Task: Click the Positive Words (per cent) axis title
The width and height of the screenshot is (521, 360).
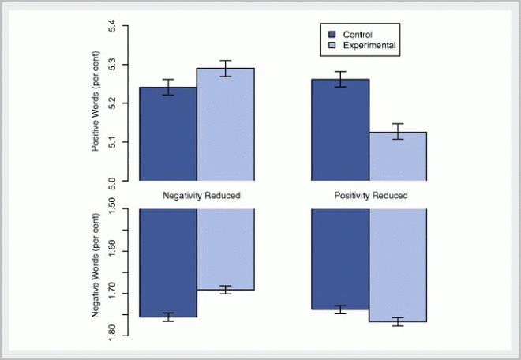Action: tap(96, 103)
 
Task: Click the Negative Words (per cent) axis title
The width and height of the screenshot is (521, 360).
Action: tap(96, 269)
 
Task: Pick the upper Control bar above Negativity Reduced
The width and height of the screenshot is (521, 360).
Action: tap(168, 134)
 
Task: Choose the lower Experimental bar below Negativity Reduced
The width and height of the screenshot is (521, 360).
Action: tap(226, 249)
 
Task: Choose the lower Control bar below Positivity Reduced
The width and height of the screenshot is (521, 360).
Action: tap(341, 259)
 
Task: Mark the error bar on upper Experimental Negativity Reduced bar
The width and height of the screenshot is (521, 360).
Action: tap(226, 68)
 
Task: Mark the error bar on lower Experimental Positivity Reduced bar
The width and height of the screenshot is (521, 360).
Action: tap(398, 321)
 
